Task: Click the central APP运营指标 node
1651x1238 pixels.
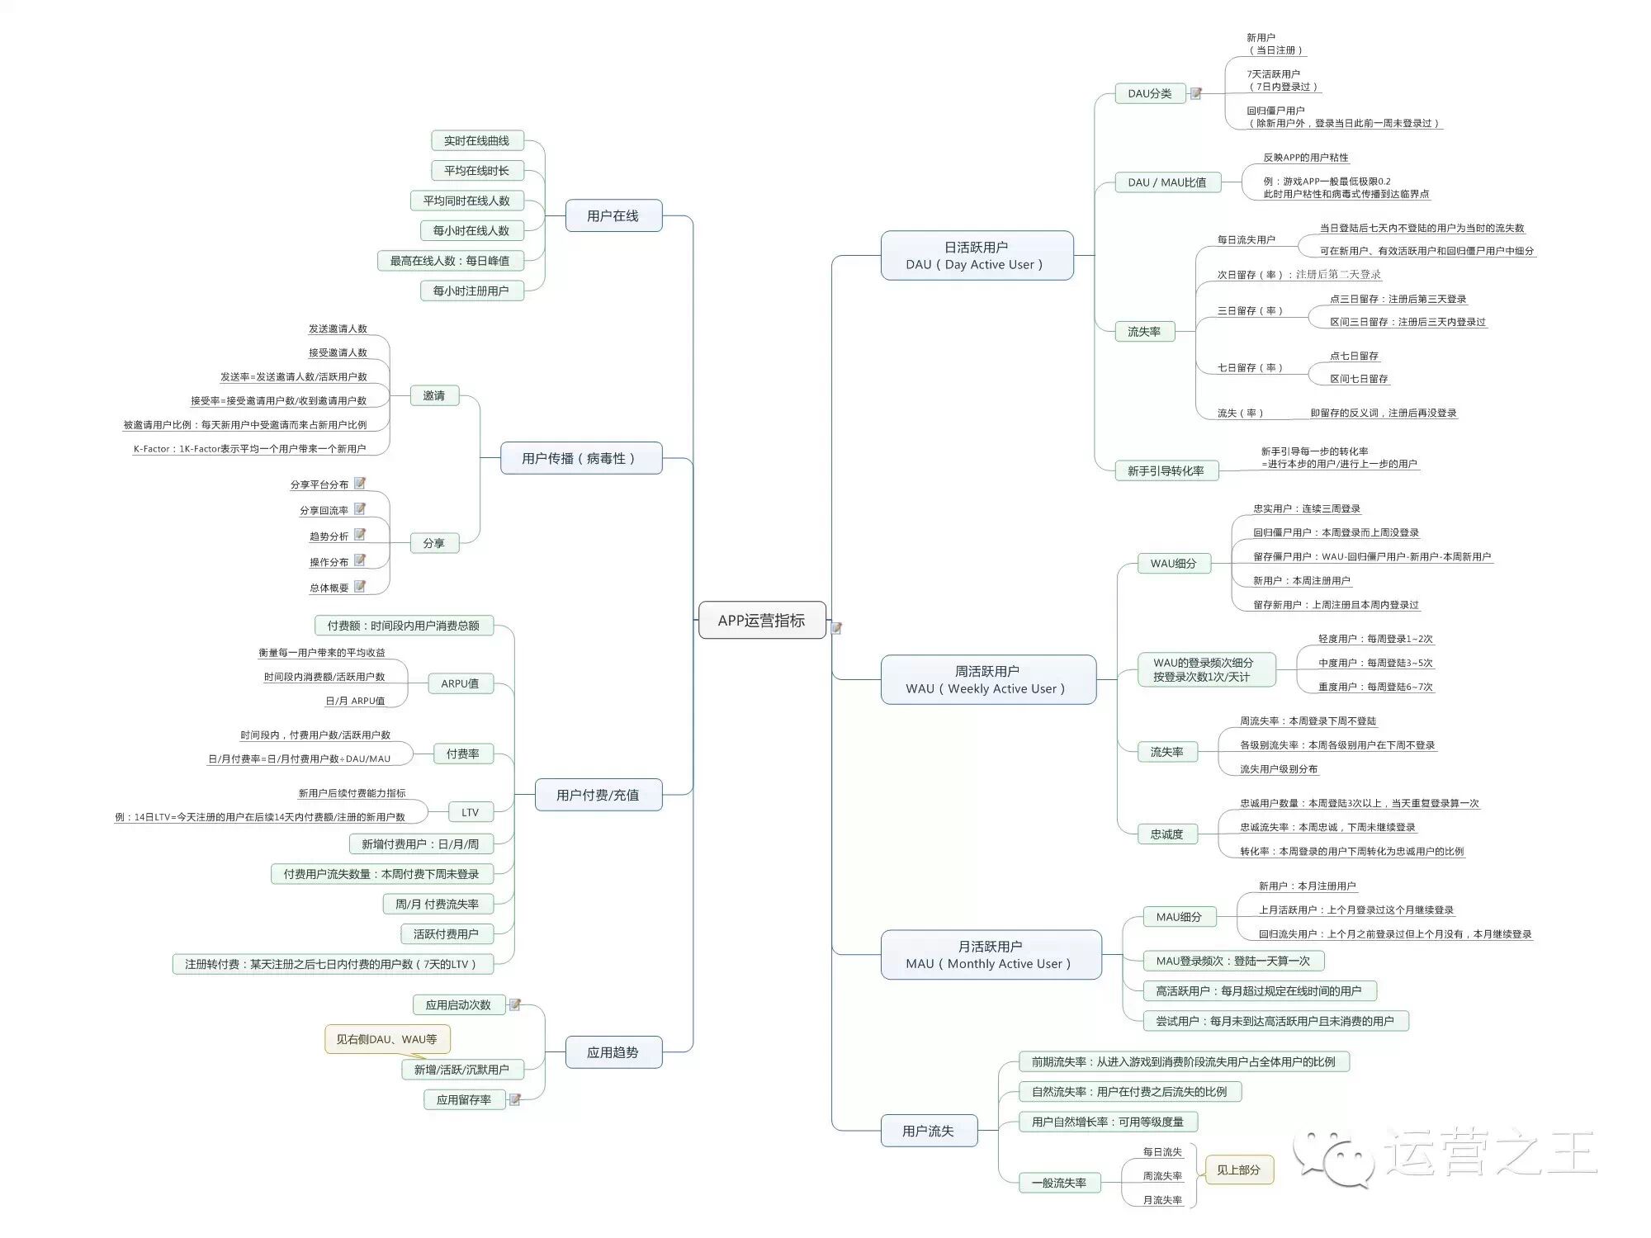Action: pos(761,620)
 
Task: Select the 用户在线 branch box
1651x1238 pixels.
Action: pos(613,215)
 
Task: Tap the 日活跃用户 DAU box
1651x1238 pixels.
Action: pos(976,256)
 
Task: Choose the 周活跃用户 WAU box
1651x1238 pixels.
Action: pos(987,679)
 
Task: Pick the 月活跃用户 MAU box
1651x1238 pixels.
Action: pos(990,955)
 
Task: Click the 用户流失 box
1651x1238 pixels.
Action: pos(928,1131)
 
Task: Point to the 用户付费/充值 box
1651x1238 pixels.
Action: pos(598,795)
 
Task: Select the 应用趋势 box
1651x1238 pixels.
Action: pos(613,1052)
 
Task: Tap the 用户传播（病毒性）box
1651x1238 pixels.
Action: pos(580,458)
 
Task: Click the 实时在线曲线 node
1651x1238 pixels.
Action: pos(476,141)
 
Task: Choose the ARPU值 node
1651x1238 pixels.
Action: pos(460,683)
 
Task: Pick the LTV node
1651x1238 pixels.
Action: pos(470,812)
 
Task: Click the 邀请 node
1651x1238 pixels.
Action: pos(433,395)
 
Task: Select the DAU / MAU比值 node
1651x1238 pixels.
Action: pos(1166,182)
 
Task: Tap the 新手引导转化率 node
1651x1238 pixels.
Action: pos(1166,470)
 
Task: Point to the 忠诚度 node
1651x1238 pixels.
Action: pos(1166,834)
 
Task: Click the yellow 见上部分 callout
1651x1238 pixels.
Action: pos(1238,1169)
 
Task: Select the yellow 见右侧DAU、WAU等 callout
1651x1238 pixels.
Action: pos(386,1039)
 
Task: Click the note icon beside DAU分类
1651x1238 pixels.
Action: pos(1195,93)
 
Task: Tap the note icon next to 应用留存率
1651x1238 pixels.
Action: pos(514,1099)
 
